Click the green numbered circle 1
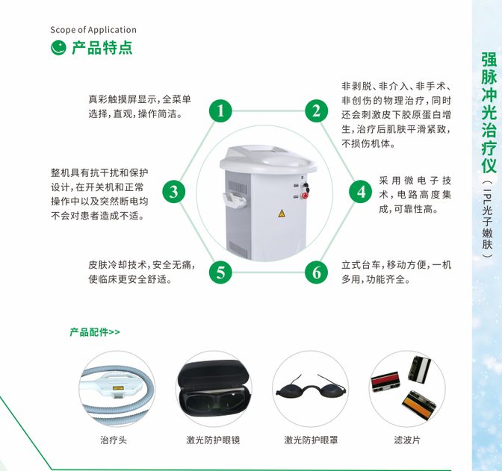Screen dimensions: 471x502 coord(220,111)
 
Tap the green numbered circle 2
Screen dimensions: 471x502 coord(317,111)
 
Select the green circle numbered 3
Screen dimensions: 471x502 coord(173,191)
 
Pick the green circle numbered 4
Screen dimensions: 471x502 coord(362,191)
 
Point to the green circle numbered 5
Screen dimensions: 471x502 coord(220,272)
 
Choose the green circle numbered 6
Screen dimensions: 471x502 coord(317,272)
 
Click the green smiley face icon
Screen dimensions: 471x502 coord(58,48)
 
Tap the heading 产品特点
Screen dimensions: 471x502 coord(102,48)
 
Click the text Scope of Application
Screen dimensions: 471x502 coord(93,30)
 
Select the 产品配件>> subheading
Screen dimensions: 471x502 coord(94,331)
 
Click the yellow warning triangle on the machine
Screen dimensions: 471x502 coord(282,213)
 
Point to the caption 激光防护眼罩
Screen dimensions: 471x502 coord(310,440)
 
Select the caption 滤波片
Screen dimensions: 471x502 coord(407,440)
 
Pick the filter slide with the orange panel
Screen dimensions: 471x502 coord(420,405)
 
